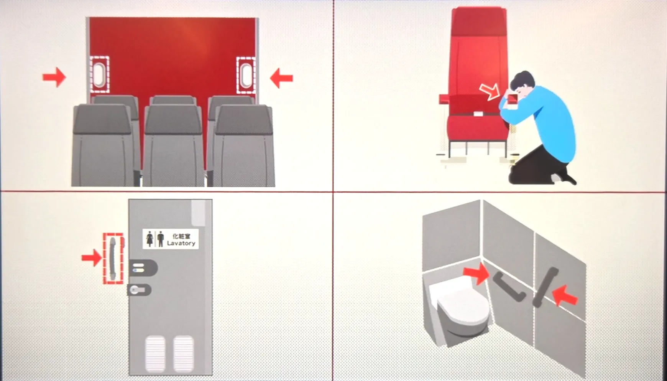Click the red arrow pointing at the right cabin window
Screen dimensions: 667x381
point(281,78)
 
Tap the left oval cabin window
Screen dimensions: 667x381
point(100,74)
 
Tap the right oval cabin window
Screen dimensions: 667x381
point(246,75)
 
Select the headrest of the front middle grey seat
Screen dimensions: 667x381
point(173,119)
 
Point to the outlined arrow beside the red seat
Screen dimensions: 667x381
point(490,92)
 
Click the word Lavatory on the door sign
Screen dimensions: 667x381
point(181,243)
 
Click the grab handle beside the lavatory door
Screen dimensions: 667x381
point(112,258)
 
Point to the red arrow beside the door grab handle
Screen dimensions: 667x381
point(92,257)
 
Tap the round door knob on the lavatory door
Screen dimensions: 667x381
point(135,290)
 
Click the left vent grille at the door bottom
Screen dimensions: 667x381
point(156,353)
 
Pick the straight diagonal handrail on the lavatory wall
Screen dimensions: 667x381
point(545,287)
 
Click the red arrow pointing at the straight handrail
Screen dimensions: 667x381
point(565,296)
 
